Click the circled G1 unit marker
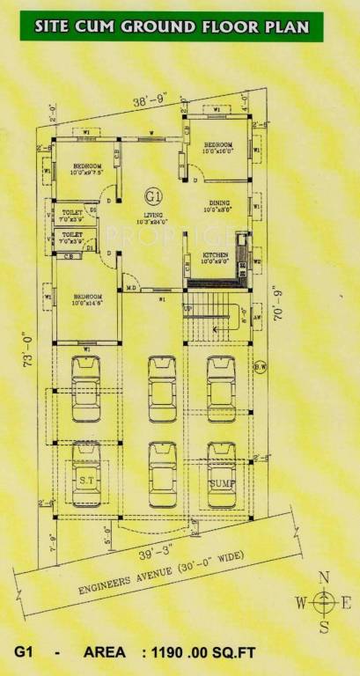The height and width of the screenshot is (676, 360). click(152, 195)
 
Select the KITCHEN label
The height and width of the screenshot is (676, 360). click(215, 254)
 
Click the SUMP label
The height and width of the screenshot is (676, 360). click(220, 483)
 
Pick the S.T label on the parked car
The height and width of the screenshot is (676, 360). click(86, 480)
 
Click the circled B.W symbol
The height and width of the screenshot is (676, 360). click(259, 367)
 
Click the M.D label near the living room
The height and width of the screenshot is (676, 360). click(130, 287)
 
